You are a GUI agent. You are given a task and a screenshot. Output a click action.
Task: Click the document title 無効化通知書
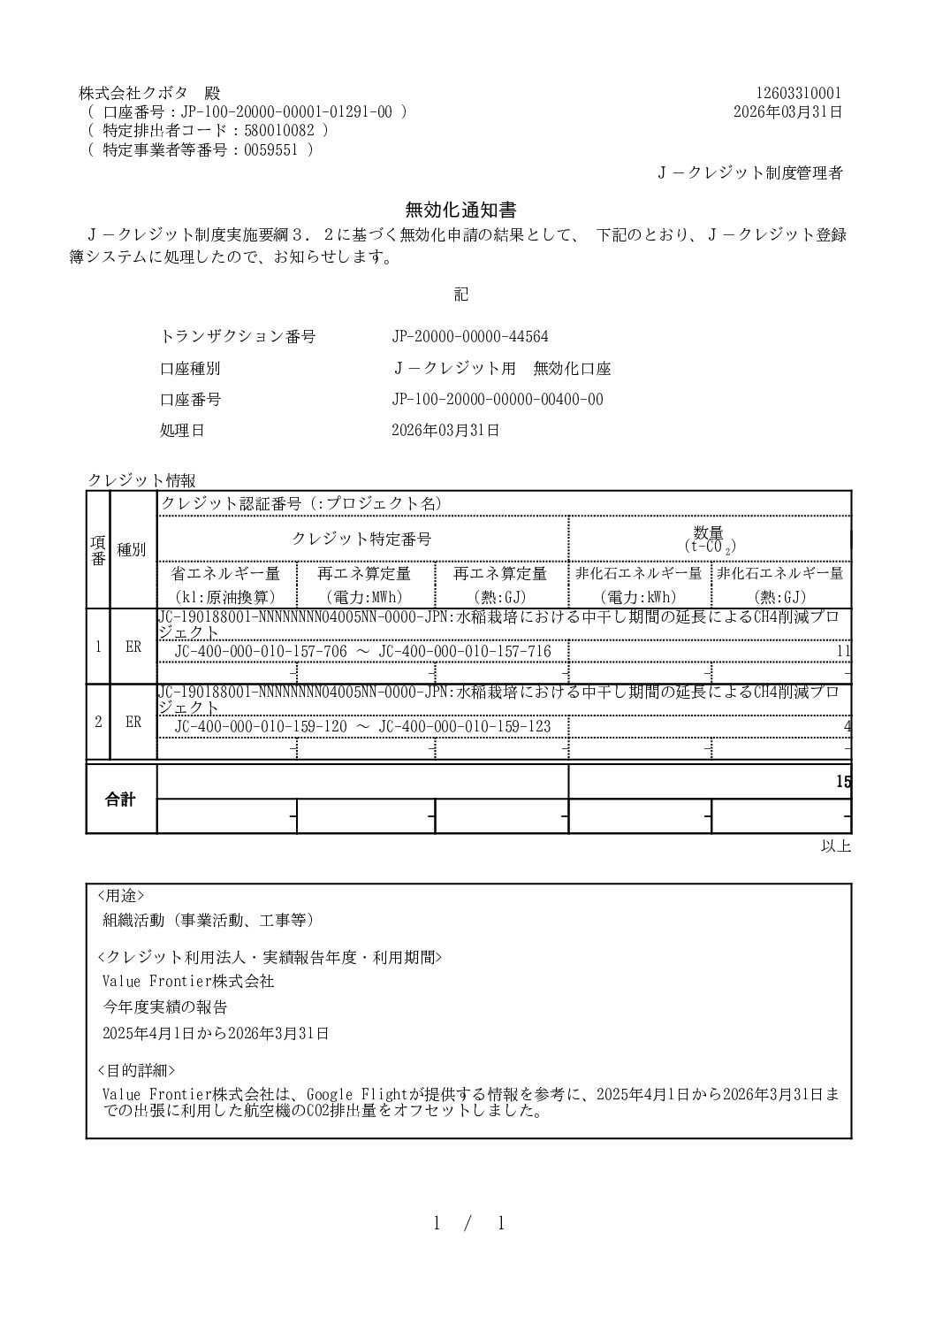460,210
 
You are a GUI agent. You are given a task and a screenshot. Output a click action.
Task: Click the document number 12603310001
799,93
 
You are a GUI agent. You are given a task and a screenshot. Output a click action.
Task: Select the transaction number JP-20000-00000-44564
470,337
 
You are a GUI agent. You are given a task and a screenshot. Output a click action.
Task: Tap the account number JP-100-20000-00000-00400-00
498,399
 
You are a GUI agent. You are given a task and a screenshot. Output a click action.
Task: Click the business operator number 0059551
274,149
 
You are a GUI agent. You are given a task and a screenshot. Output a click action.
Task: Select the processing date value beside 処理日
445,431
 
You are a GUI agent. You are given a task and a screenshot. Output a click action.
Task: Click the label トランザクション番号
238,337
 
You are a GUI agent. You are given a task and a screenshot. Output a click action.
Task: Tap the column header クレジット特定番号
361,539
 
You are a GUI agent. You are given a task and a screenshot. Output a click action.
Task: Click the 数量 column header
709,533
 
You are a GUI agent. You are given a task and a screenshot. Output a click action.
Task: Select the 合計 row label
121,800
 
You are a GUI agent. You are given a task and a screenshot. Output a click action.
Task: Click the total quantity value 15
843,782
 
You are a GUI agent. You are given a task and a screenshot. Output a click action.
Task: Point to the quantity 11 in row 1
843,652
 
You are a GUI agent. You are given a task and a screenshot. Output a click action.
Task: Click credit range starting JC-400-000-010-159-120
362,726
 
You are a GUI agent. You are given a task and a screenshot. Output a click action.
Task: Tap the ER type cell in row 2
133,722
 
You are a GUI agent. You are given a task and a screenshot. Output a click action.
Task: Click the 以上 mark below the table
835,846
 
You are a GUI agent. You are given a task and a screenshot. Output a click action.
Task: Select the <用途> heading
120,895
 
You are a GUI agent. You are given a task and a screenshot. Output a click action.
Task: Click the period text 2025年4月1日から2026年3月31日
216,1032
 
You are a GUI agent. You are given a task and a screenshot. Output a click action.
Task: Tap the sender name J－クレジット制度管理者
749,173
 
